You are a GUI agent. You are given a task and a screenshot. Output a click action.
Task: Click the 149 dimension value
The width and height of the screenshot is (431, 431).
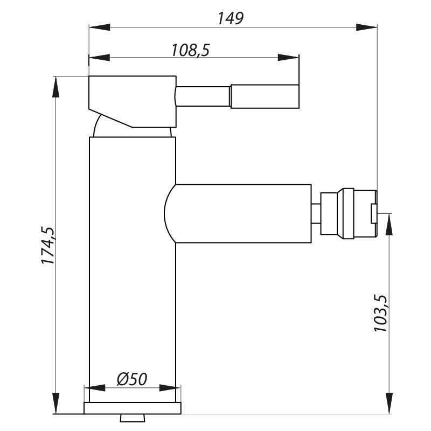[231, 19]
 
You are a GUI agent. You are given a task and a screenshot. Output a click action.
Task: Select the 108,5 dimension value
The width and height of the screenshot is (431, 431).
[191, 50]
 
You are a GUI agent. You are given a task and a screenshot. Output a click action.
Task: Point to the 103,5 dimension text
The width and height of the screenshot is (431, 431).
[380, 313]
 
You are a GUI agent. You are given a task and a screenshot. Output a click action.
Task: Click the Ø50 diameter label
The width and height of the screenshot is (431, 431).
[132, 379]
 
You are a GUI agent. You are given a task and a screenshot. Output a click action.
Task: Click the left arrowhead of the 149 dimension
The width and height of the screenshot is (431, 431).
[100, 27]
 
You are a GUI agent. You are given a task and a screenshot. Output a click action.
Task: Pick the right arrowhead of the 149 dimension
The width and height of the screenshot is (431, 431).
[366, 27]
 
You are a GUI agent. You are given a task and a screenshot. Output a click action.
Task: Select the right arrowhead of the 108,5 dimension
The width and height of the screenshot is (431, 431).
[288, 58]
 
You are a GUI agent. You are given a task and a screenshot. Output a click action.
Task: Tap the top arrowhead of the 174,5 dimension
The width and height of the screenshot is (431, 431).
[56, 87]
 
